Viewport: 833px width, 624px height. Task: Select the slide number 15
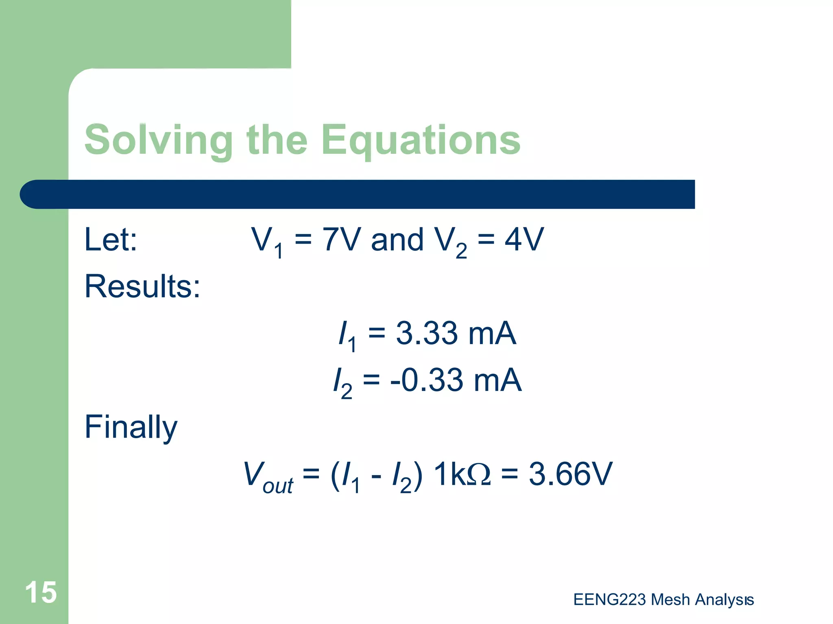click(x=41, y=592)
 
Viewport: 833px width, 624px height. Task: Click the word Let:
click(x=111, y=240)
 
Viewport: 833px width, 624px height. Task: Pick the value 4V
click(x=524, y=240)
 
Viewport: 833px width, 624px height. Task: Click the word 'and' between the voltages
click(x=397, y=240)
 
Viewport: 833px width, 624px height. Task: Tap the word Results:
click(x=142, y=286)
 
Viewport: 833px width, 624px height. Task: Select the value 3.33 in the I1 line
click(x=427, y=333)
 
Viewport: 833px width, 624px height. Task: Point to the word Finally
click(x=131, y=427)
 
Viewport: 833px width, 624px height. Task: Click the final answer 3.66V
click(x=570, y=474)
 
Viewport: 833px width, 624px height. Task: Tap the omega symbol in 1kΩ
click(x=479, y=474)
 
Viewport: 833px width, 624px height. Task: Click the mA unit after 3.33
click(x=492, y=333)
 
